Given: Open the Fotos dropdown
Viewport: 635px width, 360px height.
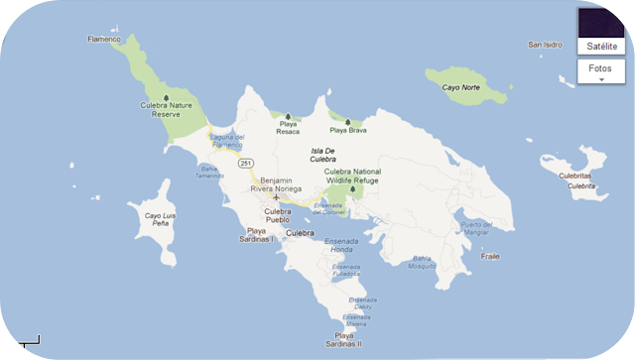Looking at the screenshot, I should click(x=599, y=70).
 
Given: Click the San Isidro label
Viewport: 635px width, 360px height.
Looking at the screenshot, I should click(x=545, y=45).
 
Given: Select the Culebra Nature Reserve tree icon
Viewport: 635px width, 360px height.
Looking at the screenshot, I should click(x=166, y=97).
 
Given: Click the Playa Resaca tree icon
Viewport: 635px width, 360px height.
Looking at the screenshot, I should click(x=288, y=116).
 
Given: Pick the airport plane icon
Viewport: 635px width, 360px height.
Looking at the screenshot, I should click(x=263, y=196).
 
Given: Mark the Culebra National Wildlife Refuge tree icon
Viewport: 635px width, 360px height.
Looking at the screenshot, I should click(x=352, y=187).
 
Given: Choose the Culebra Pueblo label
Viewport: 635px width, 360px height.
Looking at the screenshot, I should click(x=277, y=215).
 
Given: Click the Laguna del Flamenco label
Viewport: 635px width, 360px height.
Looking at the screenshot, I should click(x=226, y=140).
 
